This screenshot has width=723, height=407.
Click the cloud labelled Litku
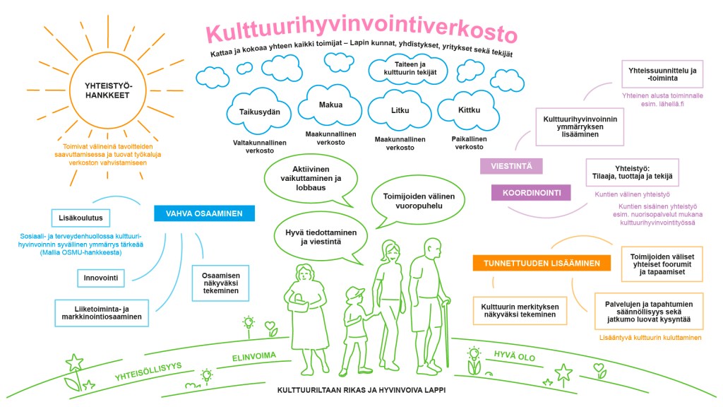point(400,111)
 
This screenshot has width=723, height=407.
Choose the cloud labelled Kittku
point(469,110)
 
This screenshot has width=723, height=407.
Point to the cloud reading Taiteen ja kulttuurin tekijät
point(400,69)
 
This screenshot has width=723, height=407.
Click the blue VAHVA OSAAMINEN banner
point(204,213)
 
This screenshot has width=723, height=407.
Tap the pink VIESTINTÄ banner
point(510,166)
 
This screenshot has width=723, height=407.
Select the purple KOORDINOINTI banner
point(530,192)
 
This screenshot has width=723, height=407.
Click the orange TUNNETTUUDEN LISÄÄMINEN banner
point(542,264)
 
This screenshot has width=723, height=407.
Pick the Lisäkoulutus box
point(82,218)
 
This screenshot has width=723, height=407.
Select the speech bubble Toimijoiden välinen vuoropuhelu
point(418,201)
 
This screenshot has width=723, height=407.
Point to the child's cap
point(355,293)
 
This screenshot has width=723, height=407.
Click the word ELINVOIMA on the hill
point(254,356)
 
